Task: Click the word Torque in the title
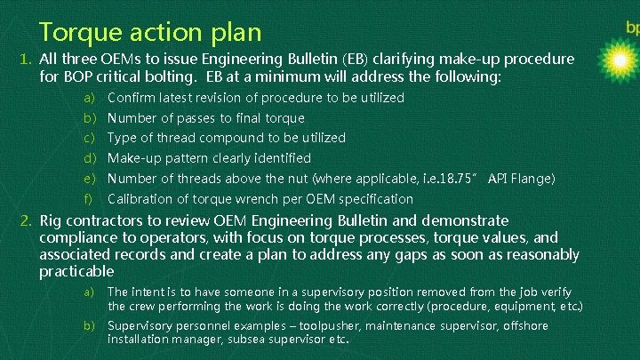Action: click(77, 33)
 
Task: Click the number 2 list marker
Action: click(27, 220)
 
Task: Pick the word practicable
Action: click(76, 271)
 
